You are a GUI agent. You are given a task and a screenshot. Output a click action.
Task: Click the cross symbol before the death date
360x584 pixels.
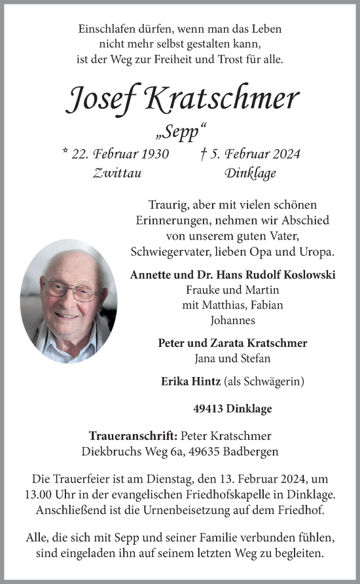pos(205,154)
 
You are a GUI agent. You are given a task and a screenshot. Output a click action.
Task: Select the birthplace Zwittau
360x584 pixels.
pos(118,173)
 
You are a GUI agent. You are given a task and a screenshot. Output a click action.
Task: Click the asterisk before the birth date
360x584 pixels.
pos(65,153)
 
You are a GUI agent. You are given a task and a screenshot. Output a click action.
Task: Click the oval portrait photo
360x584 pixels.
pos(69,301)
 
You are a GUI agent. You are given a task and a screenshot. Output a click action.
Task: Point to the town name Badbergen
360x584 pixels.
pos(252,451)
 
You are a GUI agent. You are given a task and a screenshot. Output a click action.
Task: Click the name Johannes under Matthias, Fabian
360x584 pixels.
pos(232,321)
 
